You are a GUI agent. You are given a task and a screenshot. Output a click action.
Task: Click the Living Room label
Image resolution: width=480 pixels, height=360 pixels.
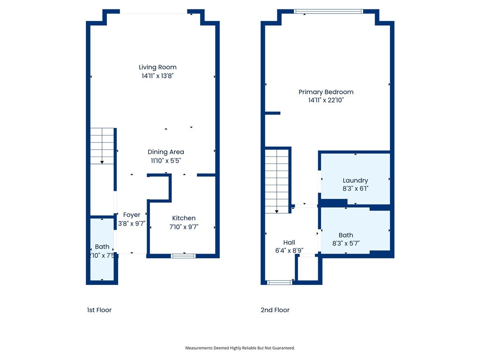coord(157,67)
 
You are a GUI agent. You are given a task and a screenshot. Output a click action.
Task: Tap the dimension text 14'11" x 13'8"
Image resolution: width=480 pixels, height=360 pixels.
coord(157,75)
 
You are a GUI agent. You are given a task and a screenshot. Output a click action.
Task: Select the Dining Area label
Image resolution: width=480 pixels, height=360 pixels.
coord(165,152)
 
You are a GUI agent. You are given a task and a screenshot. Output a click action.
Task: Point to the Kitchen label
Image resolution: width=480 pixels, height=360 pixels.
coord(184,218)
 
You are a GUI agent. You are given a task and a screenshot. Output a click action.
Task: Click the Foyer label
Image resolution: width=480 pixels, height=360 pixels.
coord(132,215)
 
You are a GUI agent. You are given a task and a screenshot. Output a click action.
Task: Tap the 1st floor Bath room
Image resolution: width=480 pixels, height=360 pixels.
coord(102,250)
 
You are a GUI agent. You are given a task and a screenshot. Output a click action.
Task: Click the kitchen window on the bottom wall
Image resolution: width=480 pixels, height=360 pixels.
coord(183,256)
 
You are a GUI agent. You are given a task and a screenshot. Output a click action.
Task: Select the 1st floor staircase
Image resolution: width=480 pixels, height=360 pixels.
coord(102,146)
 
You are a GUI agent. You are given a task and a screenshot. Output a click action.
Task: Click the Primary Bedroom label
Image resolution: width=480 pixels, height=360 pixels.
coord(326,92)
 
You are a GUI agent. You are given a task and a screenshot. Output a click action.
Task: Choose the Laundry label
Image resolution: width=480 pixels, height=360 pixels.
coord(355,180)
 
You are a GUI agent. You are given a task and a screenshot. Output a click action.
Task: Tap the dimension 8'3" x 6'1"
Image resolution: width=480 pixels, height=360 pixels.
coord(355,189)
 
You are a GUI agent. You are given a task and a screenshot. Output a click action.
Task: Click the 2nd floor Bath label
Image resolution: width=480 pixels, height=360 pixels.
coord(346,235)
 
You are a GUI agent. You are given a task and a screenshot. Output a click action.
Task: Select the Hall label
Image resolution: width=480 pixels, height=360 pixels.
coord(289,242)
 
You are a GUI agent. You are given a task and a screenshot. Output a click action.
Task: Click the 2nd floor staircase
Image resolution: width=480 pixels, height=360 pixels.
coord(277,180)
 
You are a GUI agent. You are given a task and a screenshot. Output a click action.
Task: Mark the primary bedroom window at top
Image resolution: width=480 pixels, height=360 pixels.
coord(328,11)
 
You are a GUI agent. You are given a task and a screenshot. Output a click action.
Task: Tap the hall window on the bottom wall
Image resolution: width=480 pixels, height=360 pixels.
coord(279,282)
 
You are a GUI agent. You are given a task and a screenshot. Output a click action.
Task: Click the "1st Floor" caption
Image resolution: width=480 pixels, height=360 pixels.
coord(99,310)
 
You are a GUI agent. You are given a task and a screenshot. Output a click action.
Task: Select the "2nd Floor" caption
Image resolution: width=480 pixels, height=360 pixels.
coord(275,310)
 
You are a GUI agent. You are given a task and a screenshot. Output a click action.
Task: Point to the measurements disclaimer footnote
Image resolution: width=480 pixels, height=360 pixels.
coord(240,348)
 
